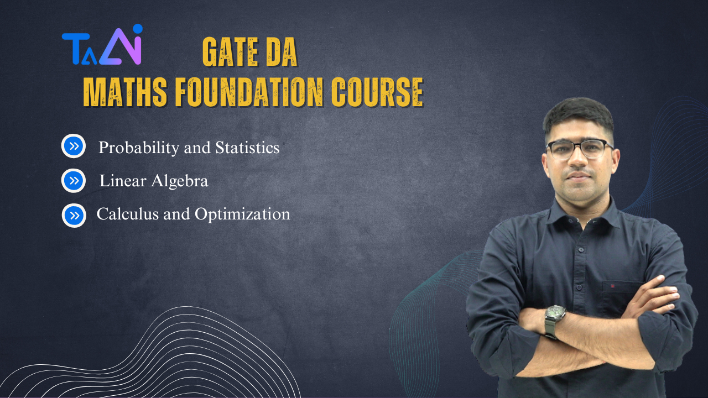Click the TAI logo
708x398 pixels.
[102, 45]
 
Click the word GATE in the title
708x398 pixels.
[230, 52]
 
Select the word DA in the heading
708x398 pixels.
[282, 52]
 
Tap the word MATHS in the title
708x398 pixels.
[125, 92]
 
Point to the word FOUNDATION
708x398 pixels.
[249, 92]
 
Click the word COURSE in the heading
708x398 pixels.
[377, 92]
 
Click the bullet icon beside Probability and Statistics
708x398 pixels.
[74, 146]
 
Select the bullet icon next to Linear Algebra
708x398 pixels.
[74, 181]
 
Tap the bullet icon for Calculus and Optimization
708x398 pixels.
[74, 216]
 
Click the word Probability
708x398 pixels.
[139, 148]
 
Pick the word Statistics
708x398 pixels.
[247, 147]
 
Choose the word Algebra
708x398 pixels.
[180, 181]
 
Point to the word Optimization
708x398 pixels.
[242, 214]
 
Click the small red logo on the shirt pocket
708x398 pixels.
[612, 286]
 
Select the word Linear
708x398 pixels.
[123, 181]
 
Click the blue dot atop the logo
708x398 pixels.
[138, 29]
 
